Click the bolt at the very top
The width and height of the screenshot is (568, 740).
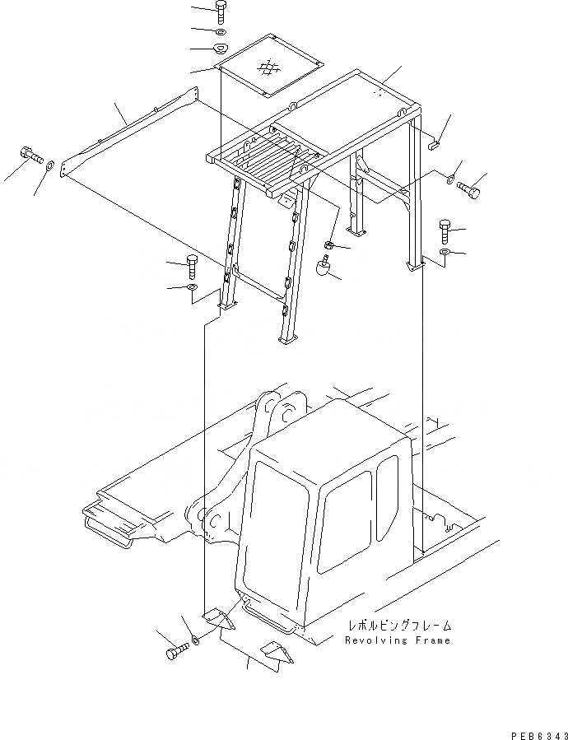(221, 12)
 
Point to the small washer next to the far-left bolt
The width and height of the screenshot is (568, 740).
(52, 167)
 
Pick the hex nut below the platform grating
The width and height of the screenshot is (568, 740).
(328, 244)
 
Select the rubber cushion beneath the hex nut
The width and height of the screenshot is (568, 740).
(324, 268)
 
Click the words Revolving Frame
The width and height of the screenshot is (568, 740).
(398, 640)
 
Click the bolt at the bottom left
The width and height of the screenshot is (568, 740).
(176, 650)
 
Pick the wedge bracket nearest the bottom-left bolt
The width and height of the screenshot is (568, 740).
(220, 617)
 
